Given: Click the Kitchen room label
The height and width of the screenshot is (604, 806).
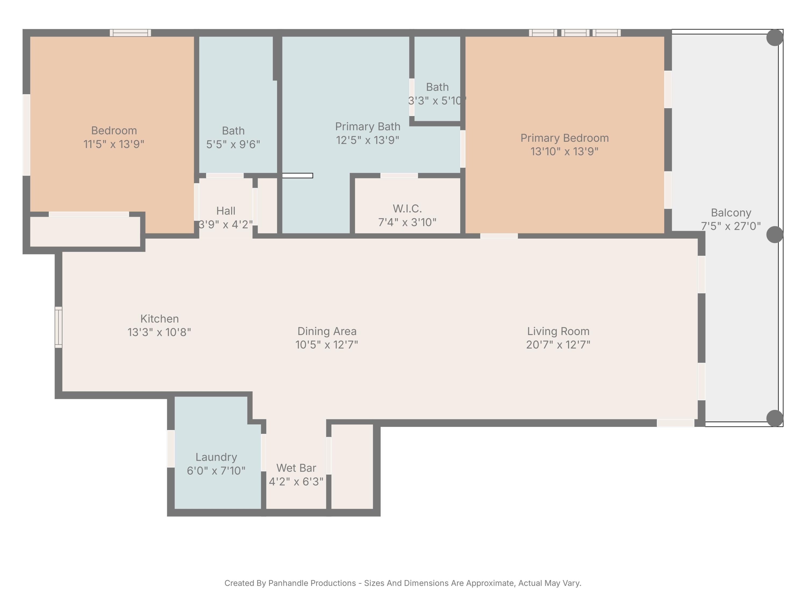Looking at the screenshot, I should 159,319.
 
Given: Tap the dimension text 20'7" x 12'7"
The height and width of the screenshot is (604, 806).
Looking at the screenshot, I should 558,344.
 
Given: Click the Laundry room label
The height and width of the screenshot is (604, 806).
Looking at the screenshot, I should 216,457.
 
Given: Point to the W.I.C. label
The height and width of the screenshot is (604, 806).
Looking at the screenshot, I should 407,209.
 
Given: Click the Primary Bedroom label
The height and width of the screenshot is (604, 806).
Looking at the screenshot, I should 564,138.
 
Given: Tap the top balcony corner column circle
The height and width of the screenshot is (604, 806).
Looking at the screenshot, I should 775,38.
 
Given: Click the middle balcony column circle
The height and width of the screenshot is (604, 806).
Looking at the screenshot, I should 775,234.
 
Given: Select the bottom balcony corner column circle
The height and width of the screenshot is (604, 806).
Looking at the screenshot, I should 775,418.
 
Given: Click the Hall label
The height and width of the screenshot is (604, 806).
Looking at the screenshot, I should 226,211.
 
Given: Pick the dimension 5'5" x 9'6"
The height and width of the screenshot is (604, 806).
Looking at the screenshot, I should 233,144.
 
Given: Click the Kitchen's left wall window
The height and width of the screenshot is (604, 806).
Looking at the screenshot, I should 58,327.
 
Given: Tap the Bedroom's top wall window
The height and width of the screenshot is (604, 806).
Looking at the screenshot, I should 131,33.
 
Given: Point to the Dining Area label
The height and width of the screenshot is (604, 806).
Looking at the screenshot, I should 327,331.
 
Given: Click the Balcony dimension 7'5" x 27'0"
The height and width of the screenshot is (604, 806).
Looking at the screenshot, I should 731,226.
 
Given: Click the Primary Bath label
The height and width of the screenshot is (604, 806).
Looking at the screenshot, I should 367,126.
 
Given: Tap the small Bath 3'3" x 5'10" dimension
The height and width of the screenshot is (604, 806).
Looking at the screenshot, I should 437,100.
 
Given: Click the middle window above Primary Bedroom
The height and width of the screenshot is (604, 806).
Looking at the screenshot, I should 575,33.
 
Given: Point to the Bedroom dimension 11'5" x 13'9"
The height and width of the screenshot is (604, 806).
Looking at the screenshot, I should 114,144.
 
